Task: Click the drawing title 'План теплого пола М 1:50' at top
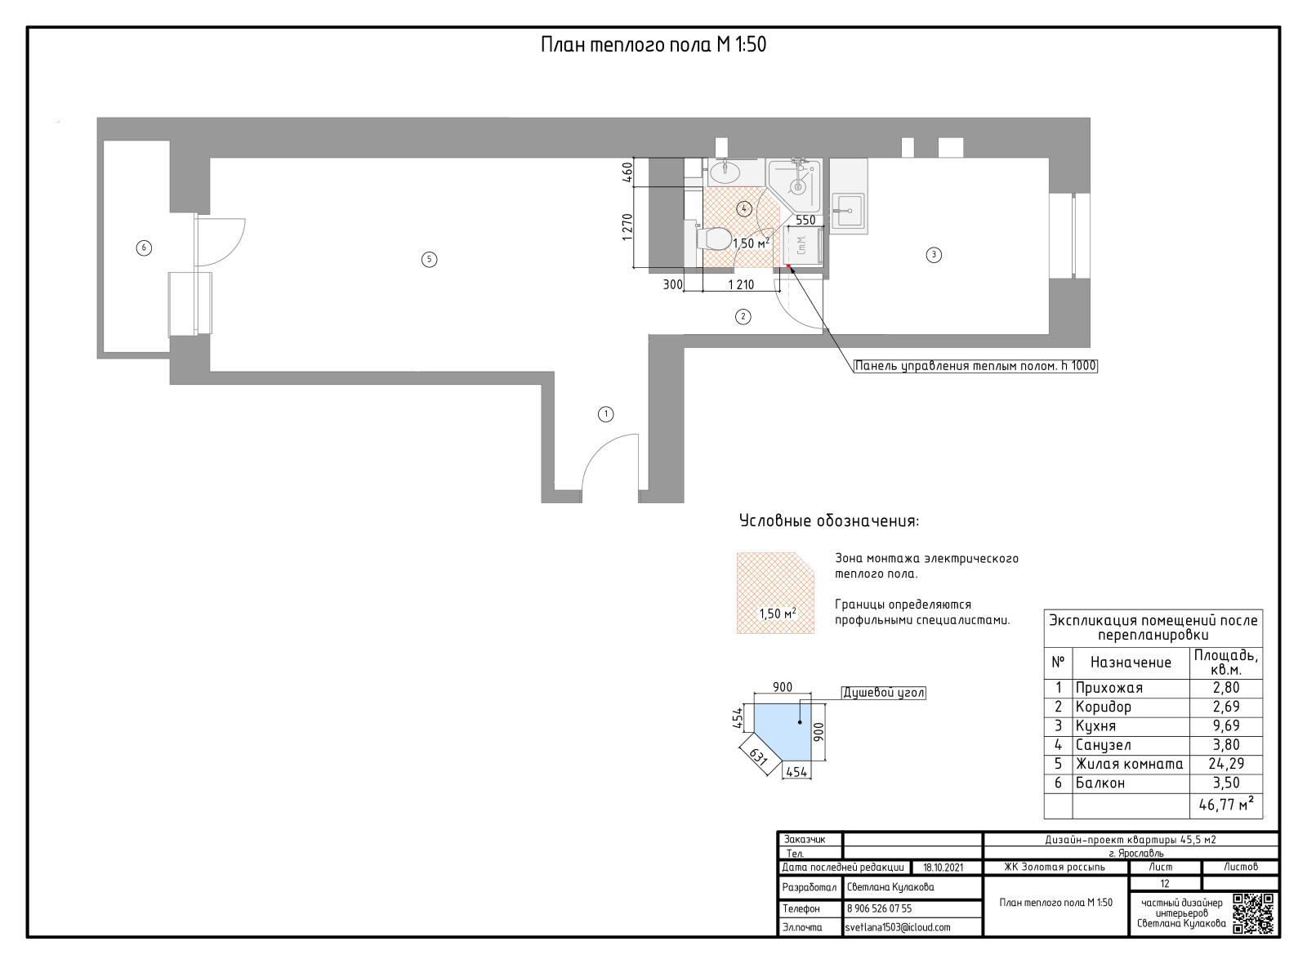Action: click(x=653, y=45)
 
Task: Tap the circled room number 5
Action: click(x=430, y=260)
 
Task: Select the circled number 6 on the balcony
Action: click(x=144, y=248)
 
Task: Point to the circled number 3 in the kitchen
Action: click(x=934, y=255)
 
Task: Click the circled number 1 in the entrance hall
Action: click(x=605, y=415)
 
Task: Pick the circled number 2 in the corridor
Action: click(x=743, y=318)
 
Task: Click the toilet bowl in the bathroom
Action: click(x=714, y=239)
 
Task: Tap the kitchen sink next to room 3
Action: click(x=849, y=211)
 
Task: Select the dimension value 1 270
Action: click(x=627, y=228)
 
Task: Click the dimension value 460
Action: click(x=627, y=172)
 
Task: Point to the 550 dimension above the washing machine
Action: click(x=805, y=221)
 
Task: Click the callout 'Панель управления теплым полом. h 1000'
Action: click(x=975, y=367)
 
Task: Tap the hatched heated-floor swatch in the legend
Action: click(x=775, y=593)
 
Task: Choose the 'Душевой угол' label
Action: click(x=883, y=694)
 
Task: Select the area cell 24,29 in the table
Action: click(x=1226, y=765)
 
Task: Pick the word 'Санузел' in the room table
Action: click(x=1103, y=746)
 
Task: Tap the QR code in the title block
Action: click(x=1253, y=914)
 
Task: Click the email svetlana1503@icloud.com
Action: click(x=898, y=927)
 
